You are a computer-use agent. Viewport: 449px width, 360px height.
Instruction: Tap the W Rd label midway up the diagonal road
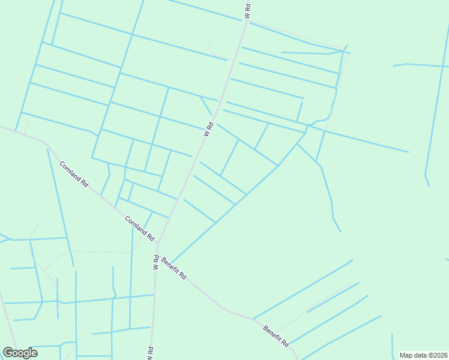(209, 129)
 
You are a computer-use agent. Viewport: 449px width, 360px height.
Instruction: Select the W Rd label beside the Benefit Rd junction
(155, 262)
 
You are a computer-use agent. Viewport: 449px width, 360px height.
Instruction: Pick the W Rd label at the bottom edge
(150, 353)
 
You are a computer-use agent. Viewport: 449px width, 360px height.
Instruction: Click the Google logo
(20, 353)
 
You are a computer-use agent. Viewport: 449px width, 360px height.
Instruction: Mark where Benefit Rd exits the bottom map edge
(297, 358)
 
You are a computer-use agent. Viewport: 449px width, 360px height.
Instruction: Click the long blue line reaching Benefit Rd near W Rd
(228, 210)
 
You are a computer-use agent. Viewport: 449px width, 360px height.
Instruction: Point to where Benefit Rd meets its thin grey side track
(276, 329)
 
